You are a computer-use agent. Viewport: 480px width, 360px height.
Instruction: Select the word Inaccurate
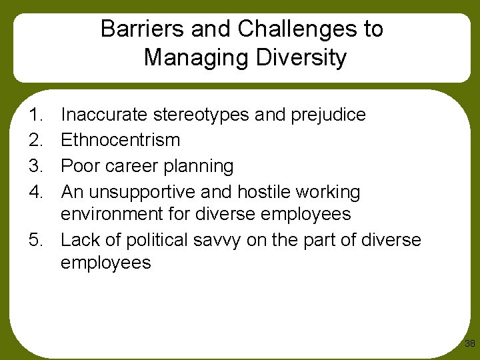coord(105,115)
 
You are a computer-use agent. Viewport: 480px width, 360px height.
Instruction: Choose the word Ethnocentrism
coord(120,140)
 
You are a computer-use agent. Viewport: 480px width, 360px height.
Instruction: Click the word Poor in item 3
coord(79,165)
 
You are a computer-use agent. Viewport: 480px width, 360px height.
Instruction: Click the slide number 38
coord(469,344)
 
